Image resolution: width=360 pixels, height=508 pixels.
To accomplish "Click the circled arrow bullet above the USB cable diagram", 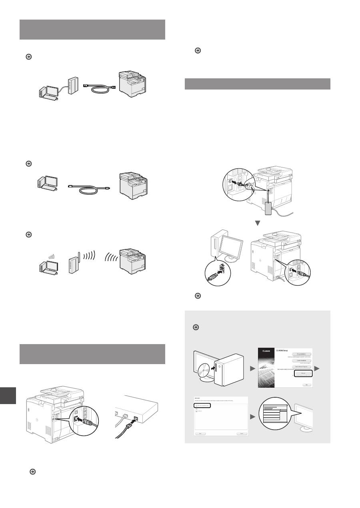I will (28, 163).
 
